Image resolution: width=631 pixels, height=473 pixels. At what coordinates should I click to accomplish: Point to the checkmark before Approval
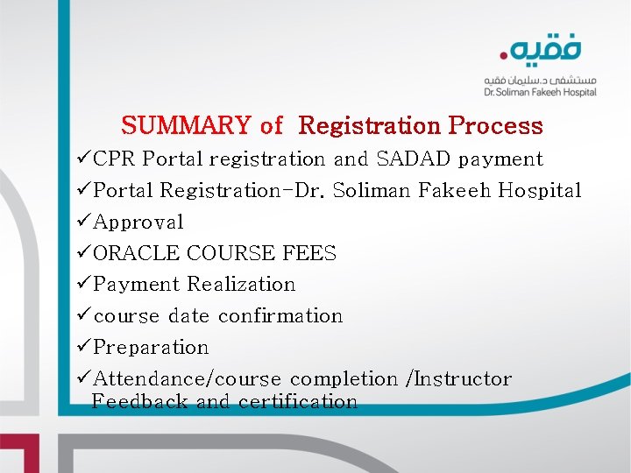(x=83, y=222)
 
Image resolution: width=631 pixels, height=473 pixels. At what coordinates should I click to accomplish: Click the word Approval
(x=138, y=222)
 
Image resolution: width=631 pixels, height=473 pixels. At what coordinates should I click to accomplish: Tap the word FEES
(x=309, y=254)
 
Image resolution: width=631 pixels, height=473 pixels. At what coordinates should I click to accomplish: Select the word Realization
(x=241, y=285)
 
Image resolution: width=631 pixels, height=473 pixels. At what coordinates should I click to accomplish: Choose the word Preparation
(x=151, y=348)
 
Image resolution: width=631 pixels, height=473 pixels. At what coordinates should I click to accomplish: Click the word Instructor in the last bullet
(x=463, y=379)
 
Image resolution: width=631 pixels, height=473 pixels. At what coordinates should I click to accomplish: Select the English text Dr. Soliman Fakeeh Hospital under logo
(x=540, y=92)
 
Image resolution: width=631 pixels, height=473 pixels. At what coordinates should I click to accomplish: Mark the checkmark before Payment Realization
(x=83, y=285)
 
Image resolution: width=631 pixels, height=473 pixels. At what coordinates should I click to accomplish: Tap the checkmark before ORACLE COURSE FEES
(x=83, y=253)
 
